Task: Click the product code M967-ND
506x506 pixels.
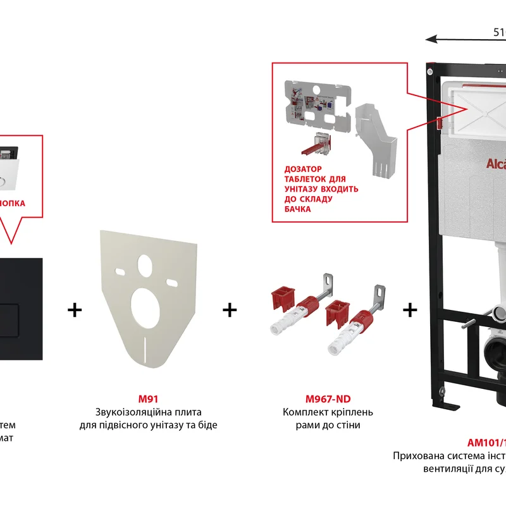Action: point(328,399)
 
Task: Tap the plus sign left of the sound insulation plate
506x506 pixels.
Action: point(75,310)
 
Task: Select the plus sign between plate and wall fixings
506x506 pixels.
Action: point(230,310)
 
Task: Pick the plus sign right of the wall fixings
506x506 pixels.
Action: point(410,310)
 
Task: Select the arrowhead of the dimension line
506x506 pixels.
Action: point(430,39)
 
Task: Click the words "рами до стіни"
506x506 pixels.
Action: point(328,426)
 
